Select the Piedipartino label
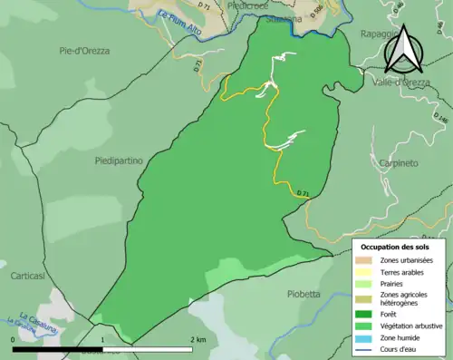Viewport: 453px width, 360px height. (119, 161)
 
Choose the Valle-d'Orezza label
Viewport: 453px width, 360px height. (399, 82)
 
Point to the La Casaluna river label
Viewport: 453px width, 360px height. (21, 320)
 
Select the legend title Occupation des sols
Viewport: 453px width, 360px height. (397, 247)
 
